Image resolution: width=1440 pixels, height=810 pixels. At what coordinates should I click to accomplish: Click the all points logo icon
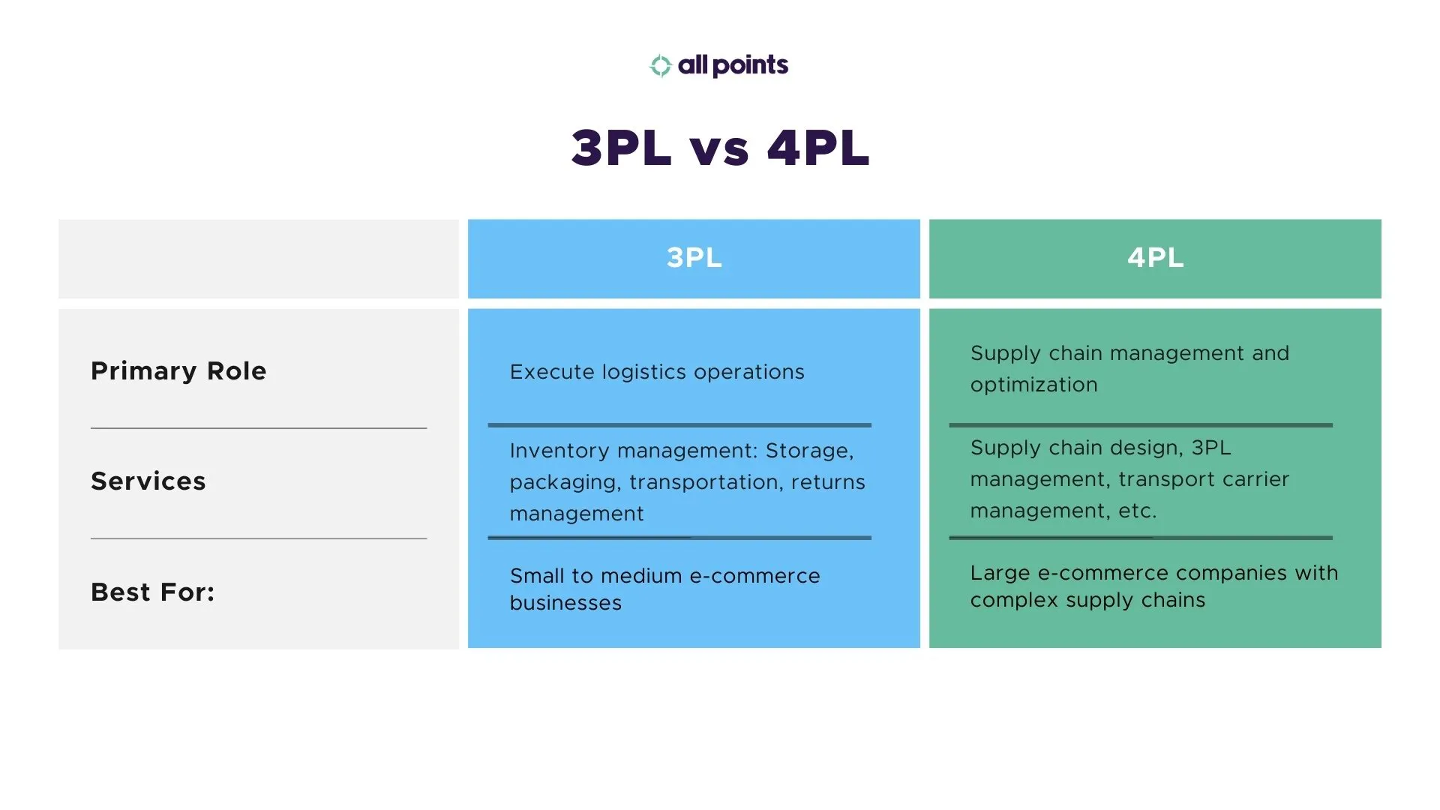pos(660,66)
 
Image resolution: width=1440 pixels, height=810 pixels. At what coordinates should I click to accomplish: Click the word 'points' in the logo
pos(750,66)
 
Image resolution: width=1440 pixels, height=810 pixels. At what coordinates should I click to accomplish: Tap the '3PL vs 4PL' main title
pos(720,148)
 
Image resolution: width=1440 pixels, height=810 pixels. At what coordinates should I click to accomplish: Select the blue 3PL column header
pos(694,258)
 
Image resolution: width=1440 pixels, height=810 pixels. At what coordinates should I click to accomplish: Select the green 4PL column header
pos(1155,258)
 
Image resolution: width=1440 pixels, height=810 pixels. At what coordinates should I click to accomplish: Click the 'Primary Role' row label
pos(178,371)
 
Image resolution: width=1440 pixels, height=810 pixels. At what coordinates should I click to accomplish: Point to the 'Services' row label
pos(148,481)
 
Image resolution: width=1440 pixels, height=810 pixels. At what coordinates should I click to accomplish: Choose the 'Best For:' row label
pos(153,592)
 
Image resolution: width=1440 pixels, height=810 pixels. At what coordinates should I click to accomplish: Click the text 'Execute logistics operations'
pos(657,372)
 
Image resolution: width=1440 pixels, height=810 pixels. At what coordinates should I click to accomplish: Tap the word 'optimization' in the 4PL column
pos(1033,385)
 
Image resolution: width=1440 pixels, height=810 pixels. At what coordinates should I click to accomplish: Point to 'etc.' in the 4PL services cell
pos(1138,511)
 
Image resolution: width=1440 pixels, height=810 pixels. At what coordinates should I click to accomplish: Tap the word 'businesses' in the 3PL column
pos(565,603)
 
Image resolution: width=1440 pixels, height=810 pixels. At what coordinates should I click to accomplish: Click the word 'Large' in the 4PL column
pos(1000,573)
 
